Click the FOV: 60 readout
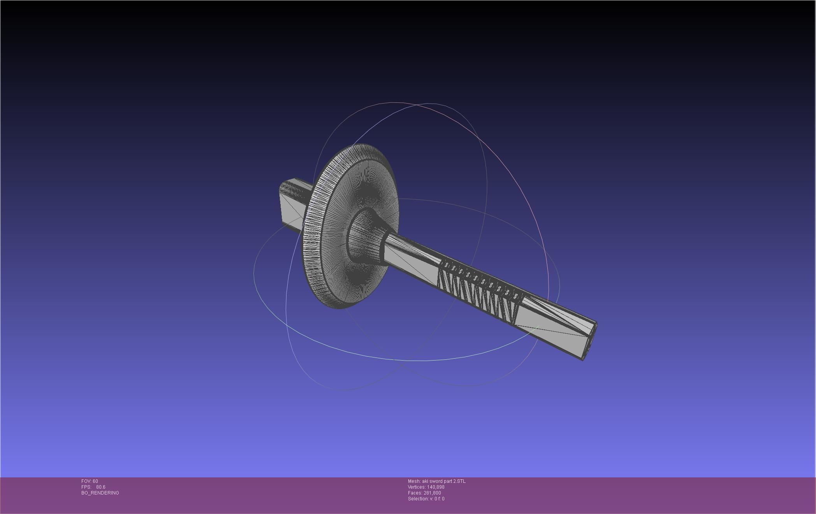point(90,481)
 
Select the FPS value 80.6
point(100,487)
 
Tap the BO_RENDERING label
point(100,493)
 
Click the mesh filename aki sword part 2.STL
point(443,481)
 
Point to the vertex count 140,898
point(436,487)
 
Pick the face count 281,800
point(432,493)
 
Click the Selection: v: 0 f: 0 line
point(426,499)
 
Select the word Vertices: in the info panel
point(417,487)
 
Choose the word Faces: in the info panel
point(415,493)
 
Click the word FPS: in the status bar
point(86,487)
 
